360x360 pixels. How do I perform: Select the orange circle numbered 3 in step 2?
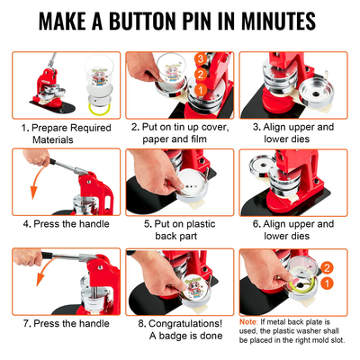click(x=199, y=58)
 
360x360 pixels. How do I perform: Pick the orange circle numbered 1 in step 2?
click(x=202, y=90)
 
